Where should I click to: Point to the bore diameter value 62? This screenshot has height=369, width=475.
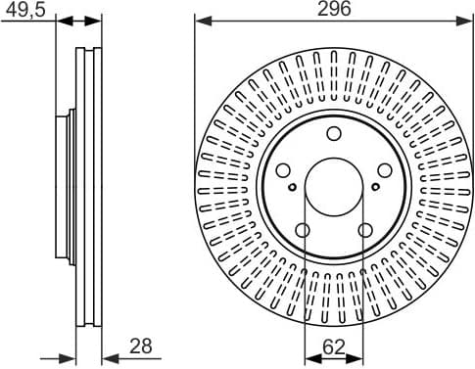(334, 345)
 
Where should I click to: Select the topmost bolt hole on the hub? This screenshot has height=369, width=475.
(334, 134)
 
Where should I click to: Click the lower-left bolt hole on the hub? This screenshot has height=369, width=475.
(303, 230)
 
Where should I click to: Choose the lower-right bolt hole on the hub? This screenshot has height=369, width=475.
(365, 230)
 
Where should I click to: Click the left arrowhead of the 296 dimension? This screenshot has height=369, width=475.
(200, 19)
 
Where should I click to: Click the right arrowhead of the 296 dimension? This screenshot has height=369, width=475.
(468, 19)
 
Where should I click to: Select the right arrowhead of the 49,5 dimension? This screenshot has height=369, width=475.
(97, 19)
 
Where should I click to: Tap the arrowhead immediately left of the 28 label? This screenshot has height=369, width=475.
(107, 357)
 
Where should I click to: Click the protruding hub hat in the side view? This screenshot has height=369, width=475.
(70, 186)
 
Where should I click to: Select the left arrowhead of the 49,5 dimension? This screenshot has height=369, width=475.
(59, 19)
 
